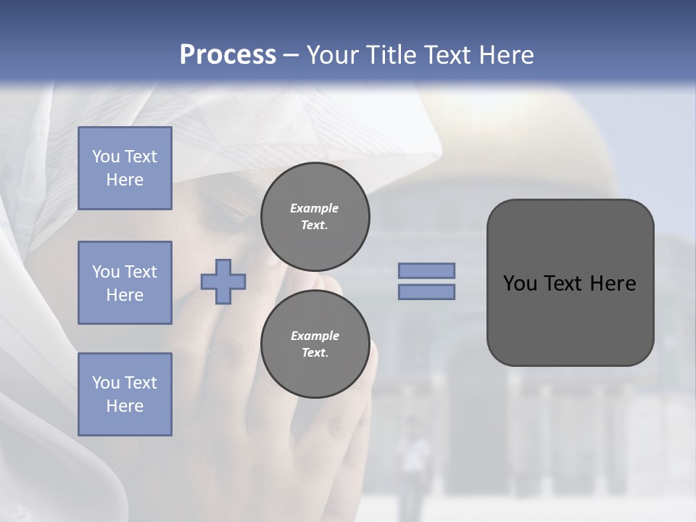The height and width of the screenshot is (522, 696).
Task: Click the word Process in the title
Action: tap(228, 55)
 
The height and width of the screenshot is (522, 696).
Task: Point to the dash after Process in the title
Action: tap(291, 55)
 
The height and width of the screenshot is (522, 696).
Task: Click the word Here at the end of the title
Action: tap(507, 55)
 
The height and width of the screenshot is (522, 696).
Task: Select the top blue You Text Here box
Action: tap(125, 168)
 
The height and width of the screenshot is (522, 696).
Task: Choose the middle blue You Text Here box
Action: tap(125, 283)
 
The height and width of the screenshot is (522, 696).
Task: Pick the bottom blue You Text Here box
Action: tap(125, 394)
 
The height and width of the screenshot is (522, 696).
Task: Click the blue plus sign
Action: tap(223, 281)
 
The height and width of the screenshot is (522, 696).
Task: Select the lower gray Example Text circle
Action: tap(315, 344)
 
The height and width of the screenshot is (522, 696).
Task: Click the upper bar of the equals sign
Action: tap(426, 271)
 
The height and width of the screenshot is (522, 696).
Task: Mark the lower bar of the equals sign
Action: tap(426, 291)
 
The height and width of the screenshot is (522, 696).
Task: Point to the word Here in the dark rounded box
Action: tap(613, 283)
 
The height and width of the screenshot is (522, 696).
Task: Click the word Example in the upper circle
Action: tap(315, 208)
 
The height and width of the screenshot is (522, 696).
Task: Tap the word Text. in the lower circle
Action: tap(315, 353)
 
